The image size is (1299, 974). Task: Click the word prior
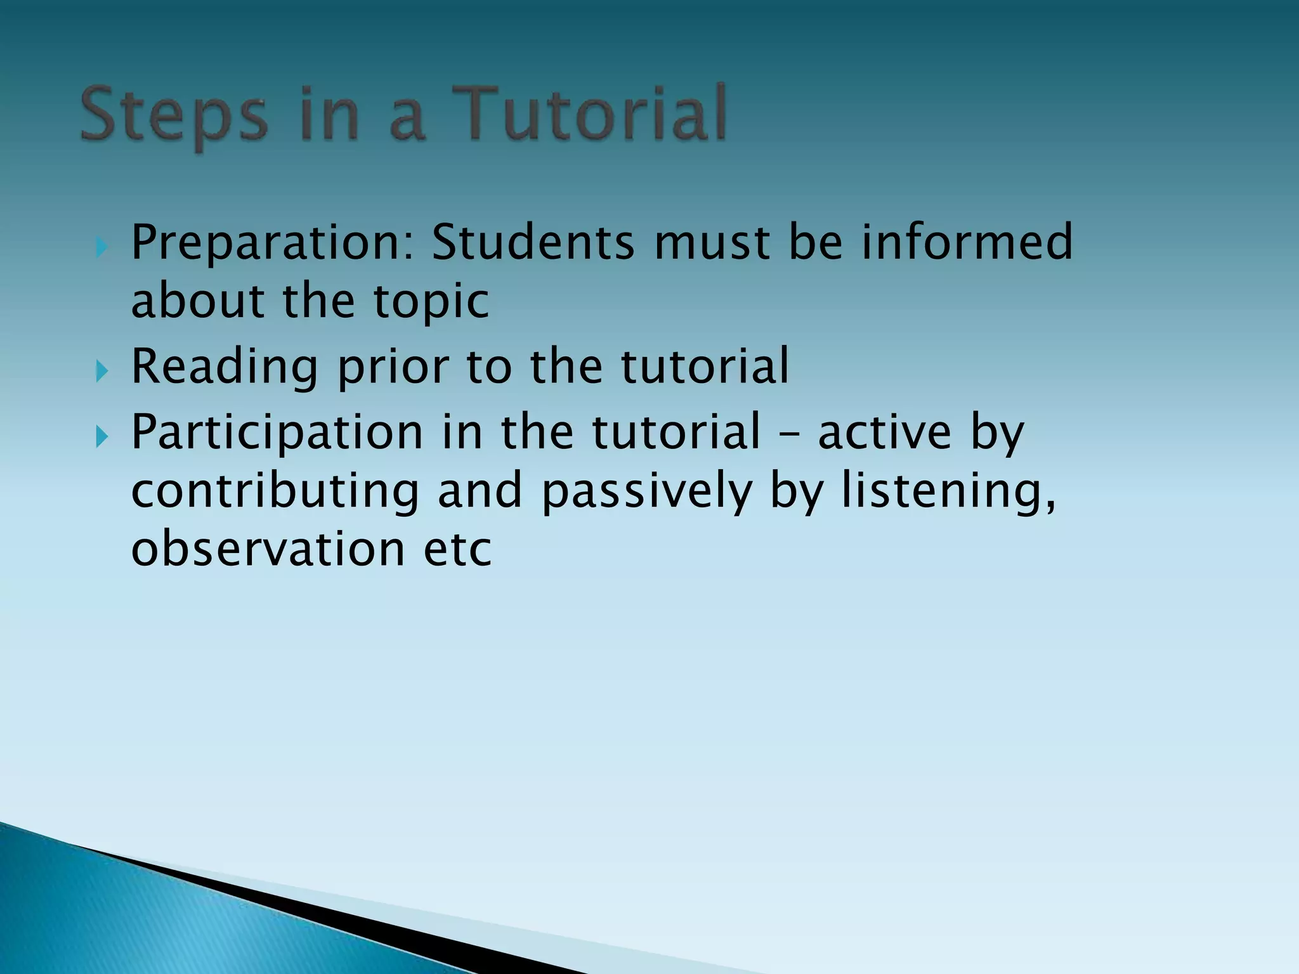[x=393, y=368]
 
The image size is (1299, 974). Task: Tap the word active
[x=885, y=432]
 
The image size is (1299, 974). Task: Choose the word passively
[x=646, y=492]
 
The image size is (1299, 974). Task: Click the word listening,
[x=949, y=492]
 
